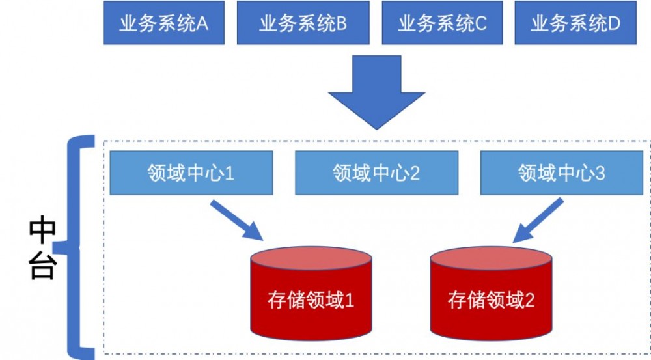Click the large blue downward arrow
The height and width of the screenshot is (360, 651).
coord(377,91)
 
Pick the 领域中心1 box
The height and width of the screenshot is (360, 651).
coord(191,173)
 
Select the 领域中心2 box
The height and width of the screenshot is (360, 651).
coord(376,173)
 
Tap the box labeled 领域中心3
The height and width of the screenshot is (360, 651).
coord(562,173)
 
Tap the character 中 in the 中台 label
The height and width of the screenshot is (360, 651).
coord(43,230)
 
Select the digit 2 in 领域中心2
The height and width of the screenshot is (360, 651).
coord(414,173)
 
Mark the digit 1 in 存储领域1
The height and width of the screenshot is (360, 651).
coord(349,300)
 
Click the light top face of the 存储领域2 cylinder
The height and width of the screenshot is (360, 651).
coord(491,258)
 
